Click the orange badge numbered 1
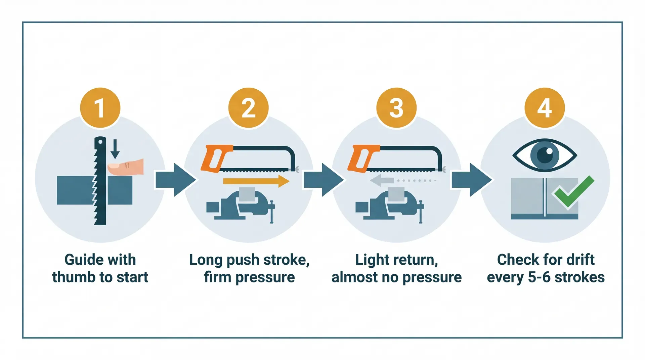coord(100,108)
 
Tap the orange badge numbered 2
coord(248,108)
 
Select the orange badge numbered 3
coord(396,108)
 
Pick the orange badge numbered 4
coord(545,108)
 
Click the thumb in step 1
coord(126,167)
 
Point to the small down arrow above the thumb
coord(115,149)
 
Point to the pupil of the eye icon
coord(545,155)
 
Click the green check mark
coord(573,192)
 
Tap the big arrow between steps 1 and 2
coord(175,180)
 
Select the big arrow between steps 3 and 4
coord(471,180)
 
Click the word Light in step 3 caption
coord(371,260)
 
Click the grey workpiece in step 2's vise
coord(247,194)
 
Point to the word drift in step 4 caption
coord(580,260)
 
